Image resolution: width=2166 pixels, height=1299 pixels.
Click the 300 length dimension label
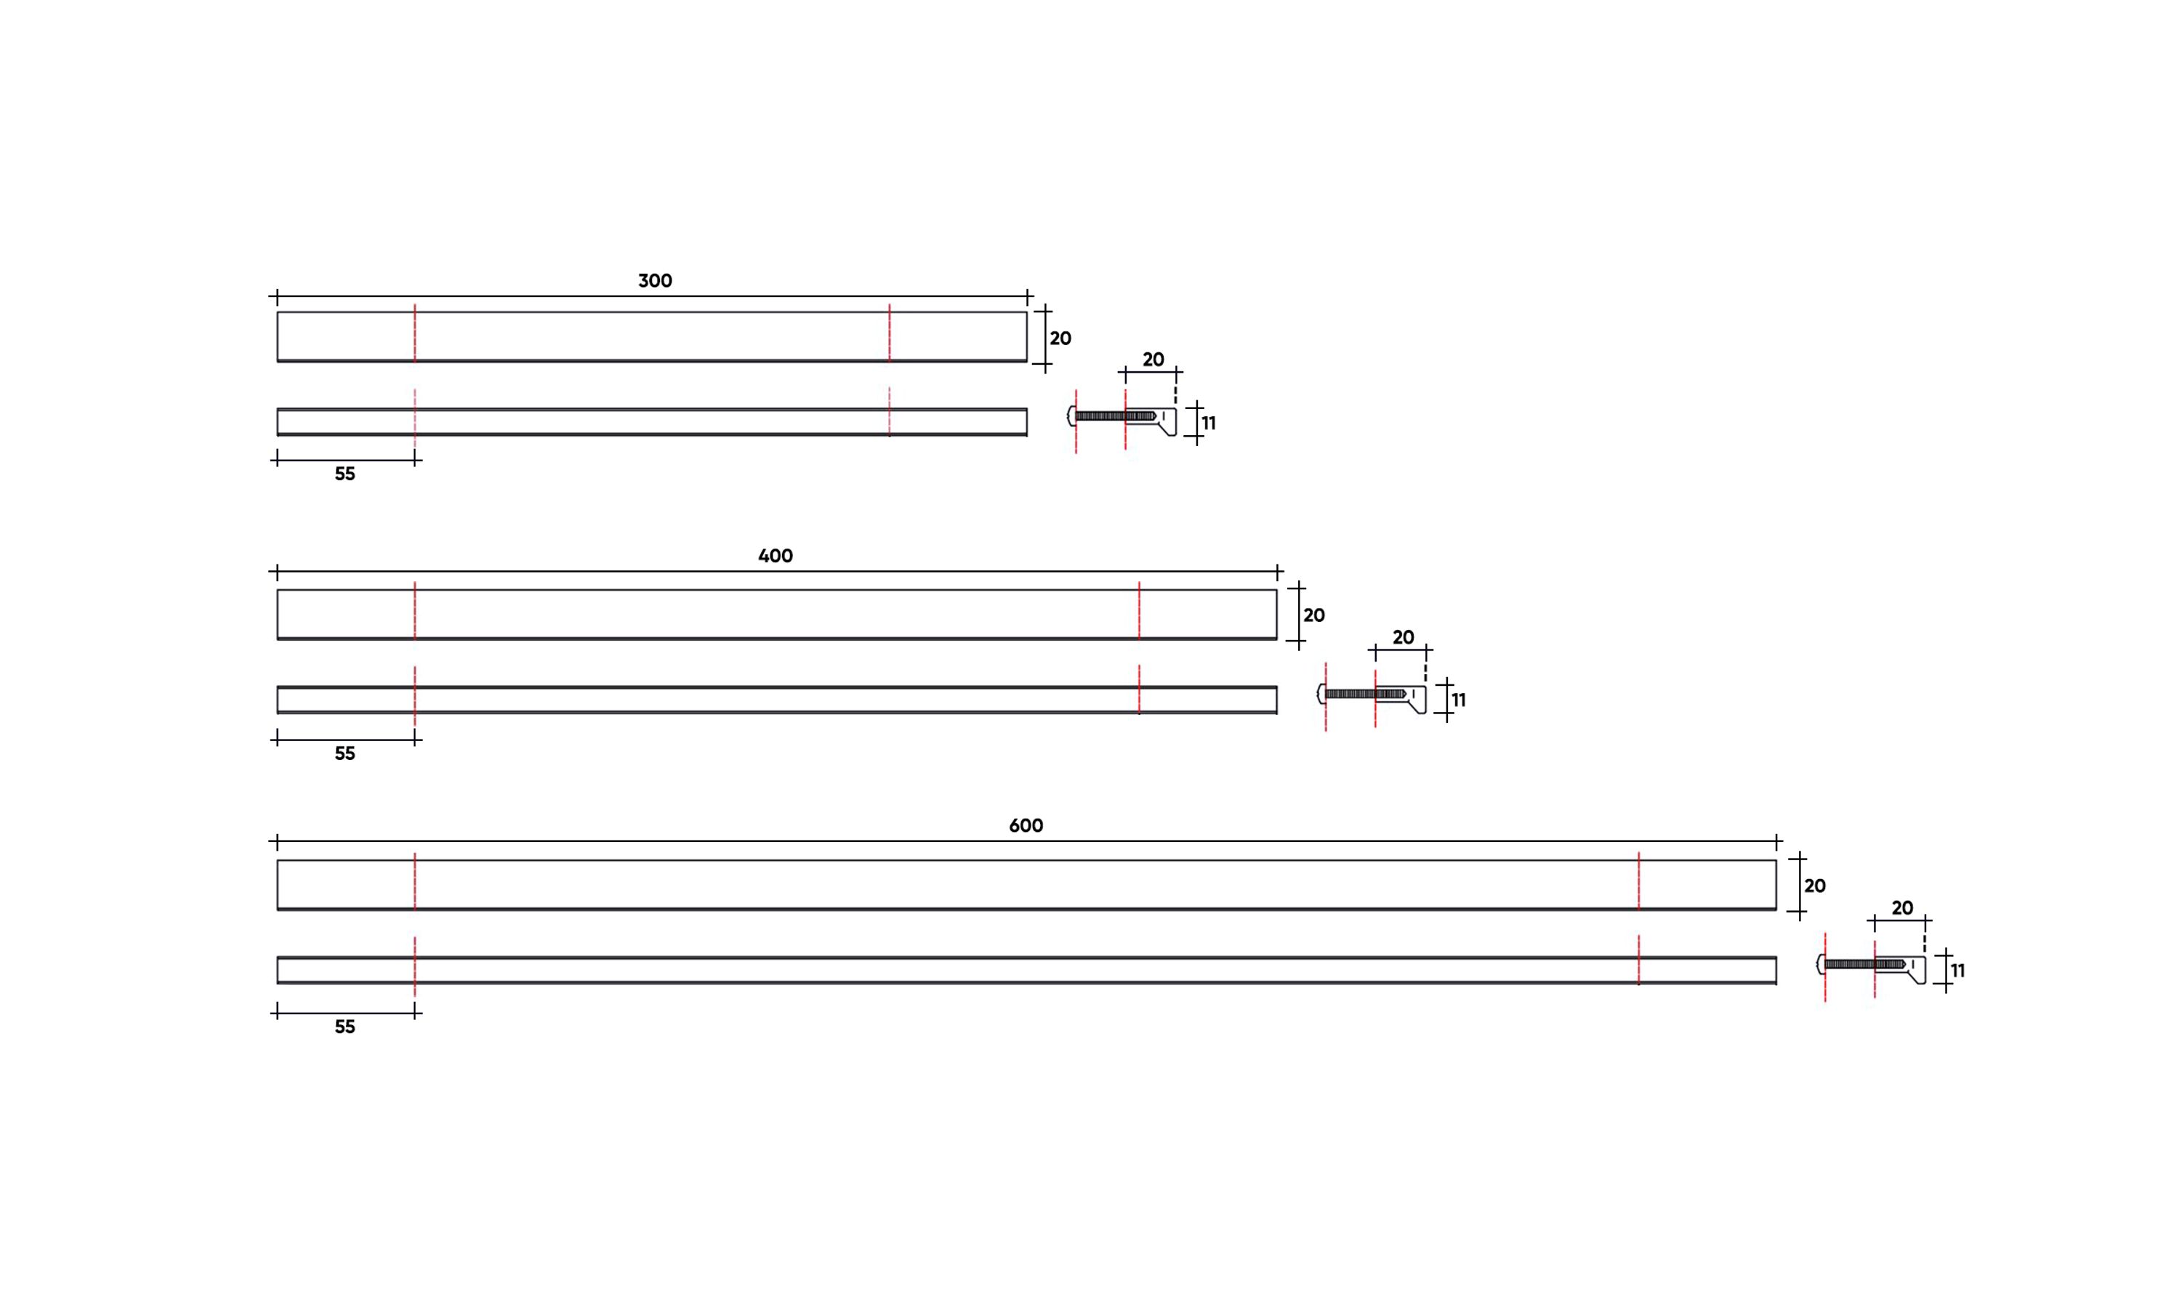[x=655, y=281]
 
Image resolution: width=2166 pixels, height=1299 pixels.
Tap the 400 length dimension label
[x=775, y=556]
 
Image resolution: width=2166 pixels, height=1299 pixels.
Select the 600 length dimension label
[x=1026, y=825]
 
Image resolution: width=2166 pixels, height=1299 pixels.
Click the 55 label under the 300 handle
[x=345, y=474]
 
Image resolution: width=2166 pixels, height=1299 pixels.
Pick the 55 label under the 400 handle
[x=345, y=753]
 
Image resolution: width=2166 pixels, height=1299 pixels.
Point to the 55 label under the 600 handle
[x=345, y=1027]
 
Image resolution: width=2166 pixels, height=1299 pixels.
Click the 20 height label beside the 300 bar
[x=1060, y=339]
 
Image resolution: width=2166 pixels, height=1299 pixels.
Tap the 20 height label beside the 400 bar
[x=1313, y=615]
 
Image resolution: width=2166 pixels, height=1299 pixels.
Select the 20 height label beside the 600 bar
[x=1814, y=886]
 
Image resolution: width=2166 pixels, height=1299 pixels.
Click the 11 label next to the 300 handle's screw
[x=1208, y=424]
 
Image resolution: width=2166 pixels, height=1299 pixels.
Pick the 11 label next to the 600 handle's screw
[x=1957, y=971]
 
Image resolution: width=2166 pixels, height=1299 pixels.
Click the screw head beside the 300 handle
[x=1071, y=416]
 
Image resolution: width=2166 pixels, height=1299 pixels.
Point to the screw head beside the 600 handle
[x=1820, y=964]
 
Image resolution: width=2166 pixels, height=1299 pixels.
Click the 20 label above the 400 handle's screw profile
[x=1403, y=638]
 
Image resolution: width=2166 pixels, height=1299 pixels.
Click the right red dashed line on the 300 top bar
[x=889, y=333]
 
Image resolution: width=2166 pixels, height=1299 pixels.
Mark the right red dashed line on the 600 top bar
[x=1638, y=882]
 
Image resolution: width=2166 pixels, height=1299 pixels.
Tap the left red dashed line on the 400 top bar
[x=415, y=611]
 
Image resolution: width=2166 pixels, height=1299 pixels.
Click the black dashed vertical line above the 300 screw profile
[x=1176, y=388]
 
